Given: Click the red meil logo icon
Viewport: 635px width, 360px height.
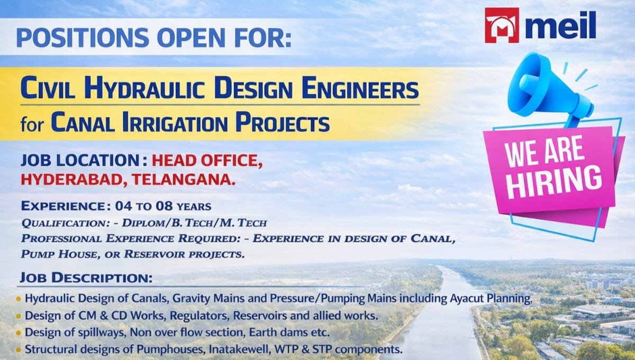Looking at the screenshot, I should pyautogui.click(x=502, y=25).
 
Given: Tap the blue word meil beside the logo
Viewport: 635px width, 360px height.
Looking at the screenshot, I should pyautogui.click(x=560, y=26).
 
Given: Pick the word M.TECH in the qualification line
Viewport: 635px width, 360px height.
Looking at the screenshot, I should pyautogui.click(x=245, y=223).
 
